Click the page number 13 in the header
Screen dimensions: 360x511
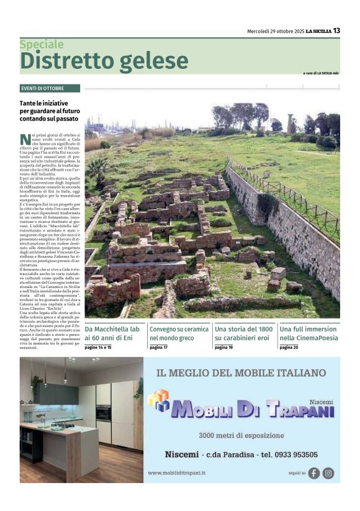point(336,30)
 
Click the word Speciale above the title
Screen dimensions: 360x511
point(42,45)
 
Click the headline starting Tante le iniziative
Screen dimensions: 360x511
point(43,110)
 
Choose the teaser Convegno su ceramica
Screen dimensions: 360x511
point(178,333)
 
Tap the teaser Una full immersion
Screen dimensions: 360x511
point(308,333)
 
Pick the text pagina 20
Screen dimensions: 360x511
point(289,348)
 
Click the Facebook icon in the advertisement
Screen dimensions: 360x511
point(314,473)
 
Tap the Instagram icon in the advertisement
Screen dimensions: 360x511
point(328,473)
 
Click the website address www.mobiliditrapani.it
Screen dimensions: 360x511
point(177,473)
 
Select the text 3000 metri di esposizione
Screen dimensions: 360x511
point(241,435)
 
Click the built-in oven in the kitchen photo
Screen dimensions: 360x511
point(104,413)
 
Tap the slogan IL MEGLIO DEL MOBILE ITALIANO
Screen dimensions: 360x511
point(241,373)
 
